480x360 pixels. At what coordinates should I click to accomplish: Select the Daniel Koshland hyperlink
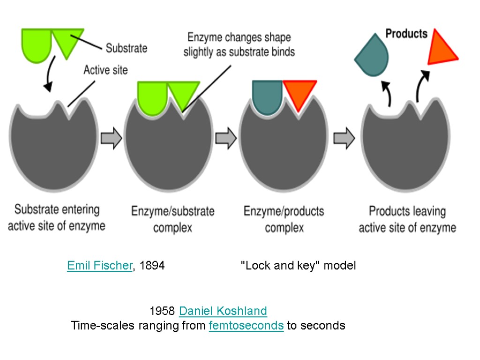[223, 311]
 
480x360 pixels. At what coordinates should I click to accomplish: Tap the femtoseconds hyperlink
[246, 326]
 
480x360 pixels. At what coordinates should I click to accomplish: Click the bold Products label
[406, 34]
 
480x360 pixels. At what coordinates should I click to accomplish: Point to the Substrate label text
[126, 48]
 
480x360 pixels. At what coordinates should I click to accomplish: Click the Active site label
[105, 70]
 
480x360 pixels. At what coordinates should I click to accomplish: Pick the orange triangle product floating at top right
[441, 49]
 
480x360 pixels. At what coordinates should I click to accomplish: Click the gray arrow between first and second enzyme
[112, 139]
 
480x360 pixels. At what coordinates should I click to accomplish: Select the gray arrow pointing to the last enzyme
[344, 139]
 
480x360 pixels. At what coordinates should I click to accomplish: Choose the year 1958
[162, 311]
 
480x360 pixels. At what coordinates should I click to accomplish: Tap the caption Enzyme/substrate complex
[172, 219]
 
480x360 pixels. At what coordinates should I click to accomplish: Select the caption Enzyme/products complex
[284, 219]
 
